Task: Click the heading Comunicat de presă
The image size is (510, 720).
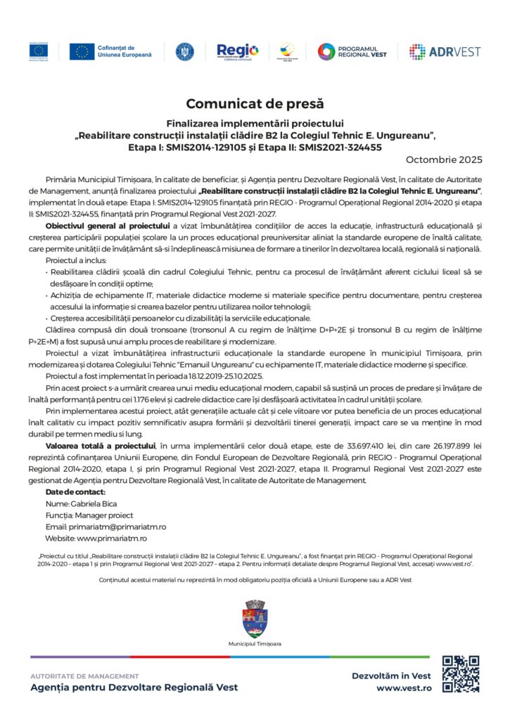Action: pyautogui.click(x=255, y=104)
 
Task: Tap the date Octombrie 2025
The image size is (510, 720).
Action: pyautogui.click(x=445, y=160)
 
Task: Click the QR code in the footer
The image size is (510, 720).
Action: pyautogui.click(x=460, y=674)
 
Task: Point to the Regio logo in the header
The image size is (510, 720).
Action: pyautogui.click(x=237, y=51)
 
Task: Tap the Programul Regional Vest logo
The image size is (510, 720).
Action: pyautogui.click(x=352, y=51)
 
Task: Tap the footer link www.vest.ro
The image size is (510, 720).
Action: pyautogui.click(x=404, y=688)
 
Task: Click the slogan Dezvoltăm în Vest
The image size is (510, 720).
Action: pyautogui.click(x=391, y=675)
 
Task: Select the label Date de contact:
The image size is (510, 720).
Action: pyautogui.click(x=75, y=492)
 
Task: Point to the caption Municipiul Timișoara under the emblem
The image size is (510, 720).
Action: pyautogui.click(x=255, y=644)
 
